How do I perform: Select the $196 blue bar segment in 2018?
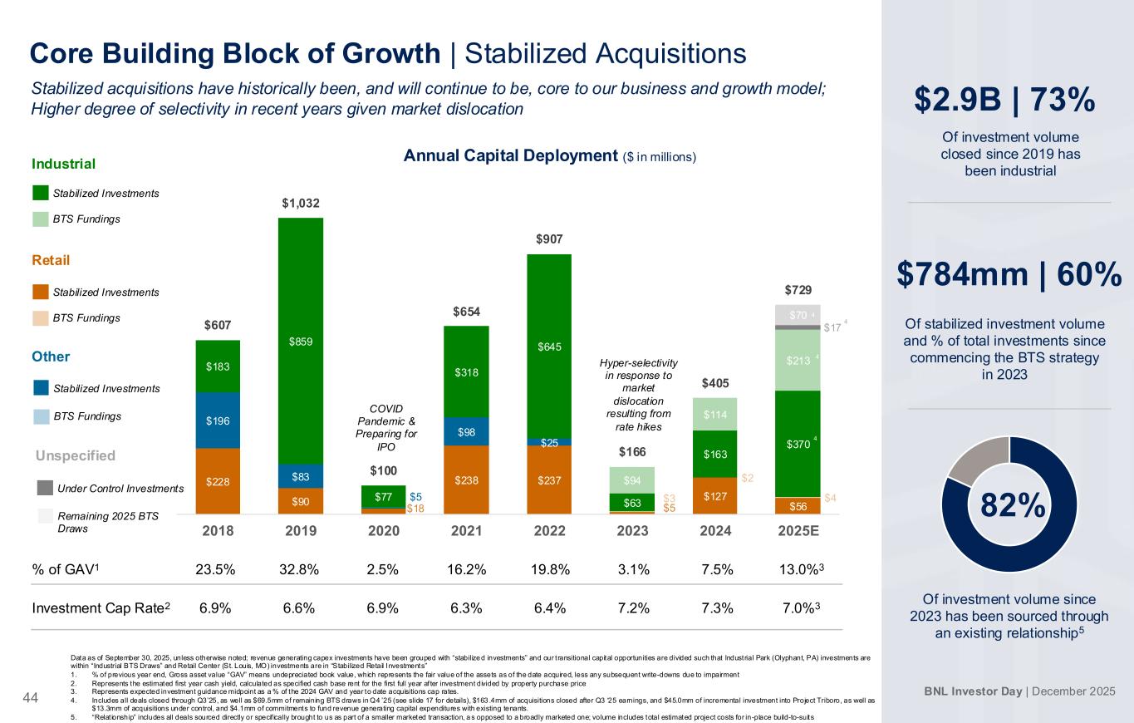(x=218, y=421)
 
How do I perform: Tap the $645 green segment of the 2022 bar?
(x=549, y=346)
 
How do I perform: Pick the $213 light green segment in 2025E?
(x=798, y=361)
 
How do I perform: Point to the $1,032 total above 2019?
(x=301, y=202)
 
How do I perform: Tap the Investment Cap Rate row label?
(x=101, y=607)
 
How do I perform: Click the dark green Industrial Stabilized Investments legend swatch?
(x=42, y=193)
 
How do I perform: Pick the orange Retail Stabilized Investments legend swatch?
(x=42, y=292)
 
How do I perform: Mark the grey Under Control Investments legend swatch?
(x=44, y=488)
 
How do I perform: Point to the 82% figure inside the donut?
(x=1009, y=504)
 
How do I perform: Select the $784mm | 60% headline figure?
(x=1009, y=276)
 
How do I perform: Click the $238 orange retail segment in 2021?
(x=466, y=480)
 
